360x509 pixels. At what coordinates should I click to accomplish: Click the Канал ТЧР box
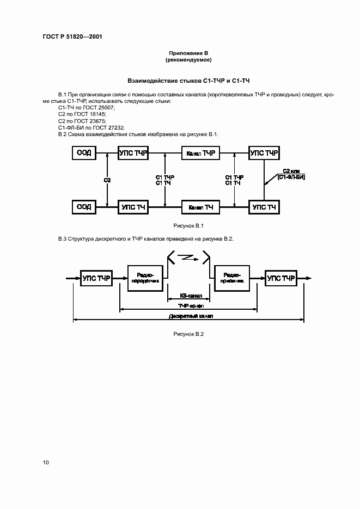click(x=200, y=154)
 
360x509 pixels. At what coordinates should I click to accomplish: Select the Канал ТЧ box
click(x=200, y=207)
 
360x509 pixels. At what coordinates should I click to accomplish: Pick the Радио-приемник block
click(x=233, y=279)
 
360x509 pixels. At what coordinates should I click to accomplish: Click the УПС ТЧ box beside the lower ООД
click(x=133, y=207)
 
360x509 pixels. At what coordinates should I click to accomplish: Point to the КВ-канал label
click(x=191, y=296)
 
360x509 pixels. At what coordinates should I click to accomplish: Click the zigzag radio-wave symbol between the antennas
click(x=188, y=256)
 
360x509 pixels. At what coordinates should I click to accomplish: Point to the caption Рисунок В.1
click(x=188, y=226)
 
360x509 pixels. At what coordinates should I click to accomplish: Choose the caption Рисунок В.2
click(x=188, y=334)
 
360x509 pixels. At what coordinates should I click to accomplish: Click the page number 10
click(x=46, y=462)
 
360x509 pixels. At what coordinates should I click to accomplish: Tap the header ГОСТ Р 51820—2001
click(x=72, y=36)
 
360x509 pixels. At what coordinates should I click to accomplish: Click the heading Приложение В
click(x=188, y=52)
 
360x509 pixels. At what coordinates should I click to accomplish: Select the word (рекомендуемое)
click(x=188, y=59)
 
